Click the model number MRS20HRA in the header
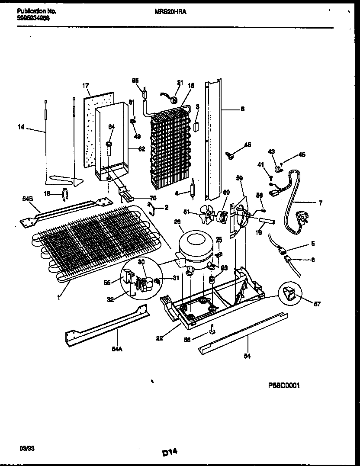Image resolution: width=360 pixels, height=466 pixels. click(x=170, y=13)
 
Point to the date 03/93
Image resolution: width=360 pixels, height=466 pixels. click(x=25, y=449)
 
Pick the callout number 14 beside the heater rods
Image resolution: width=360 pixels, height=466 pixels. click(x=21, y=128)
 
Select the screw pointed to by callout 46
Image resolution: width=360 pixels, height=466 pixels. click(x=230, y=153)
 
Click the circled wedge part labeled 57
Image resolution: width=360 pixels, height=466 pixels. click(x=289, y=296)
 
